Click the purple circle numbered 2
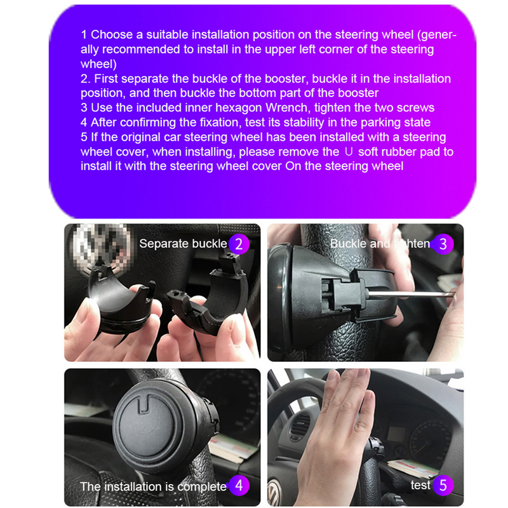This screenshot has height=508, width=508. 239,244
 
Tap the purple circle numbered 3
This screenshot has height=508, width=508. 443,244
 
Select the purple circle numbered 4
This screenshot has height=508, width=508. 239,485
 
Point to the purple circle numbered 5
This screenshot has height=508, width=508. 443,485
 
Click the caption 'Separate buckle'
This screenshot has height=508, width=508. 183,244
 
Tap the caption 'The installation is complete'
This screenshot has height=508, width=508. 153,486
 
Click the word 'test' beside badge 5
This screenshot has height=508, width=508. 420,485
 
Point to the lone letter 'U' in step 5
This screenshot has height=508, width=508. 349,152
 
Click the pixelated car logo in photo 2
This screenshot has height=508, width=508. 101,247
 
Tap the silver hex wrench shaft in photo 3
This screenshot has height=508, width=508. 411,294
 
